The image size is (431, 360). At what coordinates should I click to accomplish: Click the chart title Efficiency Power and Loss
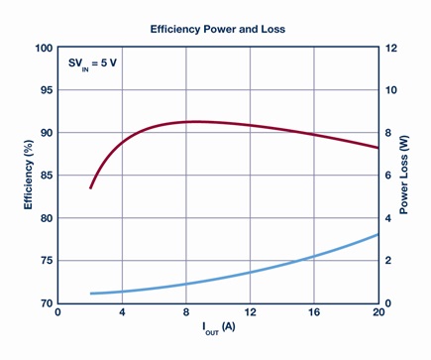point(218,29)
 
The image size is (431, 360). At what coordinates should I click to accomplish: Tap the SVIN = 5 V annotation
point(92,63)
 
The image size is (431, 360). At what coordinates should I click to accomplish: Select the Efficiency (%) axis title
point(29,175)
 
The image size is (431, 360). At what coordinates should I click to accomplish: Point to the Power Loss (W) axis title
point(403,175)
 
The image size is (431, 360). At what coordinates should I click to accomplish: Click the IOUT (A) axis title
point(219,328)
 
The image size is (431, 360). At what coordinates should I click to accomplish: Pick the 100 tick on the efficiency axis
point(44,48)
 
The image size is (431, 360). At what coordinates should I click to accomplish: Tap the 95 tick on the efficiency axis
point(47,90)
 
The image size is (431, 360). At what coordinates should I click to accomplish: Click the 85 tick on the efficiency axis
point(47,176)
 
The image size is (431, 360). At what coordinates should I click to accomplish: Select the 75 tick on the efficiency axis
point(47,261)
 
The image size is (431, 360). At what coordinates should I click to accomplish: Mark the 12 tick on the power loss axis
point(391,48)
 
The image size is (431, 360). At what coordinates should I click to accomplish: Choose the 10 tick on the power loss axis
point(391,90)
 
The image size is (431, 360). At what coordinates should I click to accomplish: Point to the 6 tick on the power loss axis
point(388,176)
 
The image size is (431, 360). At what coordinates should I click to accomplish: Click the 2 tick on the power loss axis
point(388,261)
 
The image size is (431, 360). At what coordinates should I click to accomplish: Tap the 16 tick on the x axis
point(314,312)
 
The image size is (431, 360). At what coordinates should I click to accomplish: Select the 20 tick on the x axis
point(378,312)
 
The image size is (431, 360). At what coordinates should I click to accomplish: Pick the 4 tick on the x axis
point(122,312)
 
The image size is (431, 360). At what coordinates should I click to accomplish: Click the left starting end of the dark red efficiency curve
point(90,187)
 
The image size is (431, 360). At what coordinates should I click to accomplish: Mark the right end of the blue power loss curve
point(377,234)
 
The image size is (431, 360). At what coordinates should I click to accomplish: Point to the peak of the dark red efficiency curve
point(195,122)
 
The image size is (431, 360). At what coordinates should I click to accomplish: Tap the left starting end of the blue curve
point(91,294)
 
